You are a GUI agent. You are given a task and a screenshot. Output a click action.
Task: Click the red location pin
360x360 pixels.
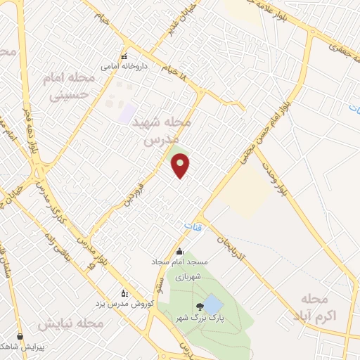181,165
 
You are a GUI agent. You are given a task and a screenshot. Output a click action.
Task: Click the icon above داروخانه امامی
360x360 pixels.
124,57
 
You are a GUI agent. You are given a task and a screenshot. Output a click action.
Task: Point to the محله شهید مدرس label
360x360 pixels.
162,131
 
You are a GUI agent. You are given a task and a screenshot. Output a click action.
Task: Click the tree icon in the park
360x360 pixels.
201,307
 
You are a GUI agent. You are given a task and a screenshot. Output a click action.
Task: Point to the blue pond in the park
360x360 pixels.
213,304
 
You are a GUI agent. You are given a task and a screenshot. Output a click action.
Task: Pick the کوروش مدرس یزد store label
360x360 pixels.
123,303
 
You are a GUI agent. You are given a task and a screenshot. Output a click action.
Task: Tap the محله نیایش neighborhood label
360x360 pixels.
70,324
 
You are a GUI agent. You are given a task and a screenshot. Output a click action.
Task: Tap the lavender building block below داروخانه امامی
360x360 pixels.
127,111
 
